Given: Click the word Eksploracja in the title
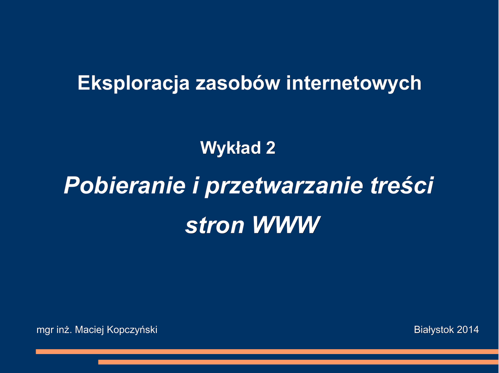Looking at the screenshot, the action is point(134,84).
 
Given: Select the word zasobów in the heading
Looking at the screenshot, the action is point(238,83).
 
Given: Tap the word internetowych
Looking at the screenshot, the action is point(354,84).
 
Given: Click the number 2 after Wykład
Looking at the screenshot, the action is point(270,148).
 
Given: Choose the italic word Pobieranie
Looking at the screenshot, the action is point(124,185).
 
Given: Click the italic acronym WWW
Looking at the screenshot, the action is point(286,225).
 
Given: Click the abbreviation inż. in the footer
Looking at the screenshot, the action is point(64,329).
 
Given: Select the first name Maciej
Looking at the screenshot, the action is point(90,330).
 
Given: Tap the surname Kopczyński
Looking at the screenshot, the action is point(132,330).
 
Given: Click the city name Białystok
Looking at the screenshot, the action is point(434,330).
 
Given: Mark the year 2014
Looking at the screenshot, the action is point(468,329).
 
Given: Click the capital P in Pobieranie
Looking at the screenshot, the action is point(72,185).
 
